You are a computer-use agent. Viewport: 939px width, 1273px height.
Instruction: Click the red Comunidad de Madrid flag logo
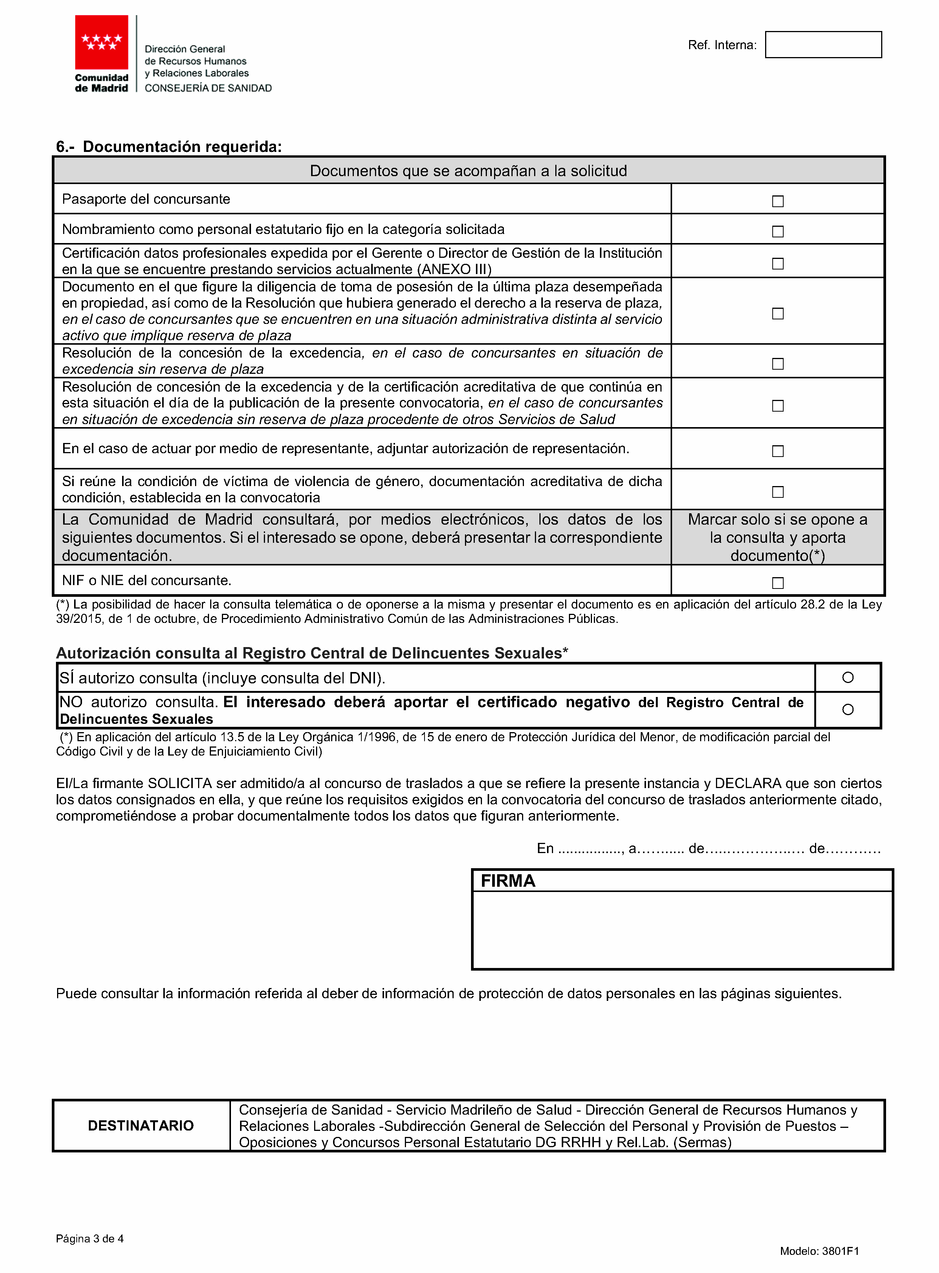tap(102, 42)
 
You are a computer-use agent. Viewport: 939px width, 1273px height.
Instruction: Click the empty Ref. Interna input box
tap(823, 44)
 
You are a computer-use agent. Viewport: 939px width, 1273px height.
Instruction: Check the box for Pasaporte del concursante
tap(778, 201)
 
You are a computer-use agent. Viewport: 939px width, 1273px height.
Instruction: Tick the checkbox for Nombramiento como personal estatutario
tap(778, 231)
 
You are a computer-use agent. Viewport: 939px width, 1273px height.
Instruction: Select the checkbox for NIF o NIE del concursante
tap(778, 582)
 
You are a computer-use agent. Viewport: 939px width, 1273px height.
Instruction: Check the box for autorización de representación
tap(778, 451)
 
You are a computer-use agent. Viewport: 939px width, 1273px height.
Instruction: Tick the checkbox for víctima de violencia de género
tap(778, 492)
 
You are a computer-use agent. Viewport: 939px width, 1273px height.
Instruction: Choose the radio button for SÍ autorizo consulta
tap(848, 677)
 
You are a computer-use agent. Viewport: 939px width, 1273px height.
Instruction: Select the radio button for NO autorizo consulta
tap(848, 709)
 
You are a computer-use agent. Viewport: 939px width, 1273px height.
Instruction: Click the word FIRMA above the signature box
tap(508, 881)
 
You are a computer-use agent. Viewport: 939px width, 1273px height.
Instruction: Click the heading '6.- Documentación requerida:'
tap(169, 147)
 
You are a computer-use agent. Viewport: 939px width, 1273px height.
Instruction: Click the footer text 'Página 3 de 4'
tap(90, 1238)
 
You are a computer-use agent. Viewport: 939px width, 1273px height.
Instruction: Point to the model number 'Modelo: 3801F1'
tap(819, 1251)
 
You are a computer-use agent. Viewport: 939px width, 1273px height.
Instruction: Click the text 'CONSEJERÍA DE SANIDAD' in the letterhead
tap(208, 88)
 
